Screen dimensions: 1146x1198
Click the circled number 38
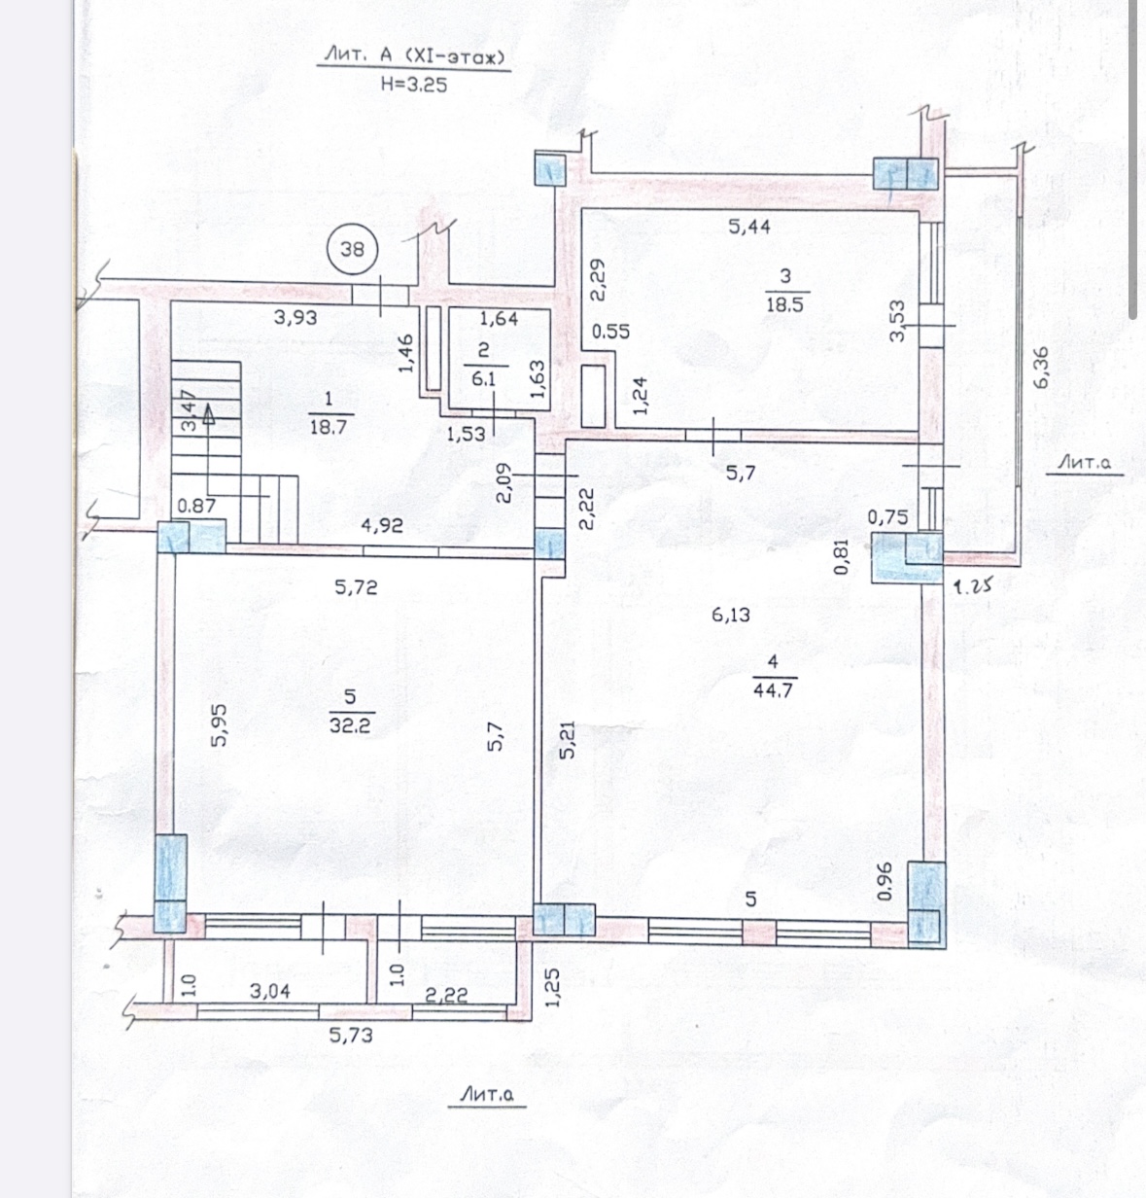point(352,249)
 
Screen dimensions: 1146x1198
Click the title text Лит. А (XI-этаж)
point(414,56)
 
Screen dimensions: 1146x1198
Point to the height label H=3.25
point(414,85)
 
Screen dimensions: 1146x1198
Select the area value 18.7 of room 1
point(328,427)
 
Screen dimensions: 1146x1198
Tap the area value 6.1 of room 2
point(483,379)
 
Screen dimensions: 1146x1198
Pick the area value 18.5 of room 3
point(785,304)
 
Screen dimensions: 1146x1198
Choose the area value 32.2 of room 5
point(350,725)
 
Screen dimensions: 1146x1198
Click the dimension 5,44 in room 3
point(749,227)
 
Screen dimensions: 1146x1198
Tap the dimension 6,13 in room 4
point(731,615)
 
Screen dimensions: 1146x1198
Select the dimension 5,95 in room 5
point(219,725)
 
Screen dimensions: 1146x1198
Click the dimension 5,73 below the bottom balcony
point(351,1036)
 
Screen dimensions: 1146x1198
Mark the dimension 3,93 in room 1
point(295,318)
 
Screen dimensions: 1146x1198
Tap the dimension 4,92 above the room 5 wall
point(382,525)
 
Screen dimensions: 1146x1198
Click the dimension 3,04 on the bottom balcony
point(269,991)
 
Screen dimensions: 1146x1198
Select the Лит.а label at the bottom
point(486,1095)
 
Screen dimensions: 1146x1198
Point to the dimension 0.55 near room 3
point(610,332)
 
